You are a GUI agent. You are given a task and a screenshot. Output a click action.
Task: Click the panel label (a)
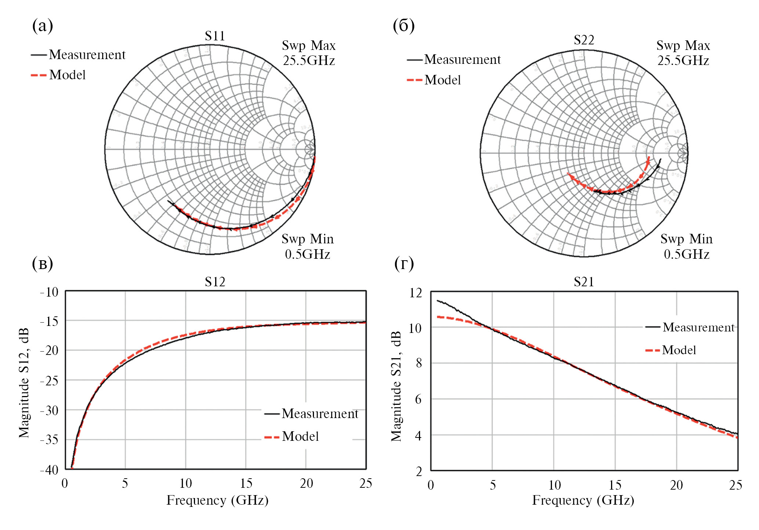43,26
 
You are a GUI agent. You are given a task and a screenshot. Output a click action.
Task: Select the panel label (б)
404,26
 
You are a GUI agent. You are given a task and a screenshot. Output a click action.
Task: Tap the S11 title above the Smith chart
215,36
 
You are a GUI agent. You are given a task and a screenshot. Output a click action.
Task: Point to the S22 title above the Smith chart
584,40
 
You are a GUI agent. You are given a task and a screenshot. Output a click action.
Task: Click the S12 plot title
215,282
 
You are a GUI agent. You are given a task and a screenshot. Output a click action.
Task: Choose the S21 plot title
584,282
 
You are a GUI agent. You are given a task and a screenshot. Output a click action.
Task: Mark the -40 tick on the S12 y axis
49,470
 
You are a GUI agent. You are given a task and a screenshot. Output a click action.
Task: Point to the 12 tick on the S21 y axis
416,293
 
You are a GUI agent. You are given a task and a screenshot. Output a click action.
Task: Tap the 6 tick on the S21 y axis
418,399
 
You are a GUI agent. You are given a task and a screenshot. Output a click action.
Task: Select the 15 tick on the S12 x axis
246,483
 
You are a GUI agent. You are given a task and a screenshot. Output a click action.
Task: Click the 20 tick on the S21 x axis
676,485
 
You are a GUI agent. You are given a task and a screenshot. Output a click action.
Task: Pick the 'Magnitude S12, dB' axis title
24,383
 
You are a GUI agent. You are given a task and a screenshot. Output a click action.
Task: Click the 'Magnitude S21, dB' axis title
396,386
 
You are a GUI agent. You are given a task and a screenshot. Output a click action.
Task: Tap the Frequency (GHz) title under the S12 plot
217,500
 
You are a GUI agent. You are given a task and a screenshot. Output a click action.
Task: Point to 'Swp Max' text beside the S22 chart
683,46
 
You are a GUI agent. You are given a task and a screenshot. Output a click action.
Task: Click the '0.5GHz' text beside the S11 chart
308,254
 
